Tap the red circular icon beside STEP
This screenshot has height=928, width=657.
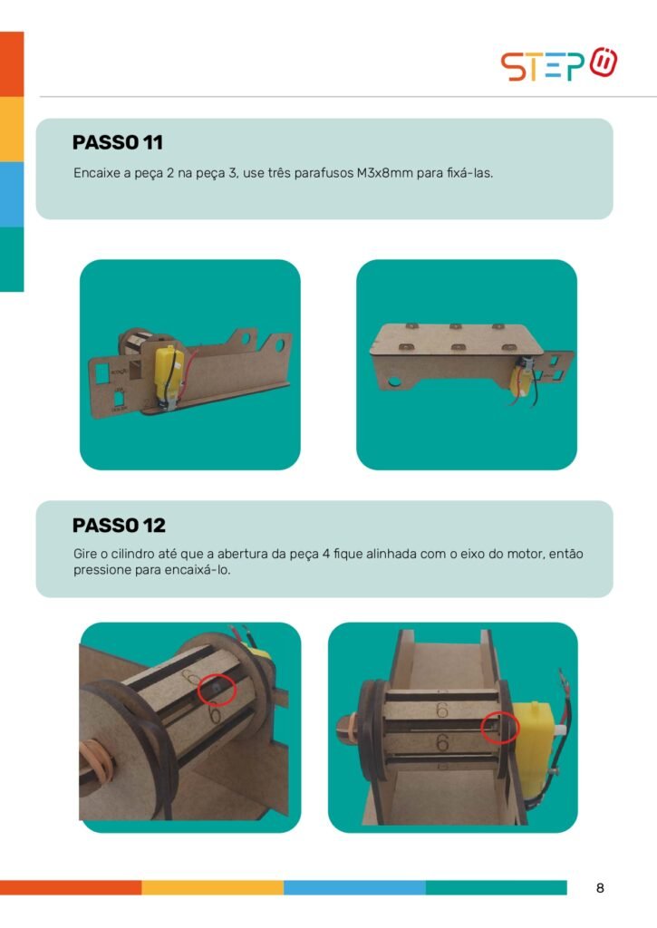coord(604,62)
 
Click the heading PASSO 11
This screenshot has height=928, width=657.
coord(117,142)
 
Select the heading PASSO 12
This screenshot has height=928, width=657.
coord(119,525)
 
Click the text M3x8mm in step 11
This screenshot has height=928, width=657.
coord(385,173)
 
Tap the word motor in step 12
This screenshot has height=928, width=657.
coord(526,555)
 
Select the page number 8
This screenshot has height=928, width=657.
coord(600,888)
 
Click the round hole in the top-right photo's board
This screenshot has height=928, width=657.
coord(394,382)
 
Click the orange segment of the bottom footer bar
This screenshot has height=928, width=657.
coord(71,887)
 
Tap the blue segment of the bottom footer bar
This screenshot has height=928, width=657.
coord(354,887)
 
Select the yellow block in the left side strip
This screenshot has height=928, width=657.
coord(12,129)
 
